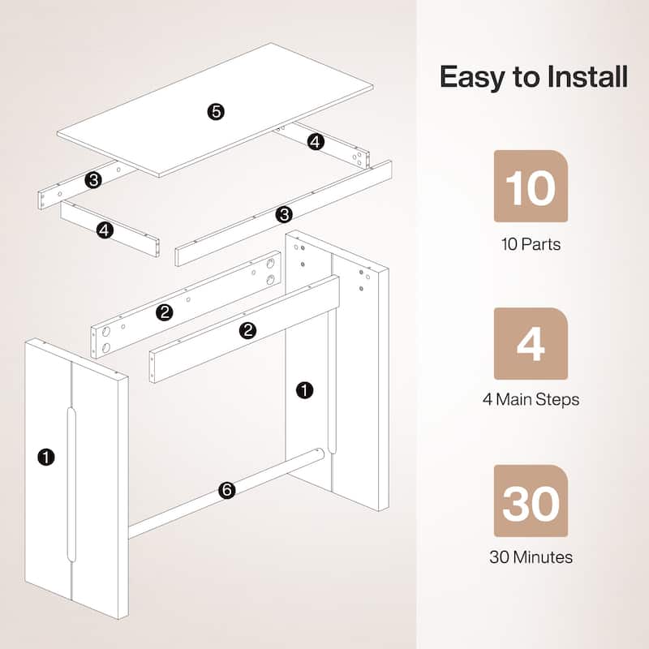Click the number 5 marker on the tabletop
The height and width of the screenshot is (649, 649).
pyautogui.click(x=215, y=112)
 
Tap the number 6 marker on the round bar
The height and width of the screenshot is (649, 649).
pyautogui.click(x=227, y=490)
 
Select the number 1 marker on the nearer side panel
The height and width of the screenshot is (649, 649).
pyautogui.click(x=46, y=458)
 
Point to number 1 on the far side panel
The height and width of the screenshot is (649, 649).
pyautogui.click(x=304, y=390)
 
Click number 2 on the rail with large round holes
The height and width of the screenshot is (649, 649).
pyautogui.click(x=165, y=312)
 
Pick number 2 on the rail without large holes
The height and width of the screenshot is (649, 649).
pyautogui.click(x=248, y=330)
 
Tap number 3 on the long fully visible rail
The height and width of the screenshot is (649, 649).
pyautogui.click(x=283, y=214)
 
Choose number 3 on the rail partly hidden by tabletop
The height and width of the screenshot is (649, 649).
pyautogui.click(x=93, y=180)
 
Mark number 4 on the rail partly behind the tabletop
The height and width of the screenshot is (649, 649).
pyautogui.click(x=316, y=141)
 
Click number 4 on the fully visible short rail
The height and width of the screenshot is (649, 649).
pyautogui.click(x=105, y=230)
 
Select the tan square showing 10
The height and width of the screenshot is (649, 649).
pyautogui.click(x=531, y=187)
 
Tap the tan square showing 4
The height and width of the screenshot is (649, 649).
pyautogui.click(x=531, y=344)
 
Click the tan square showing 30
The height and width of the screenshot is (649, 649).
pyautogui.click(x=531, y=501)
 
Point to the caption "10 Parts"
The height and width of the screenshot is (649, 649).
pyautogui.click(x=531, y=243)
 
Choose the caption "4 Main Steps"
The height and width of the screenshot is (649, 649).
pyautogui.click(x=531, y=399)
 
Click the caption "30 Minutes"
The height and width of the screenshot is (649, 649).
pyautogui.click(x=531, y=557)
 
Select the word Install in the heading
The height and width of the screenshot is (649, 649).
pyautogui.click(x=586, y=77)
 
